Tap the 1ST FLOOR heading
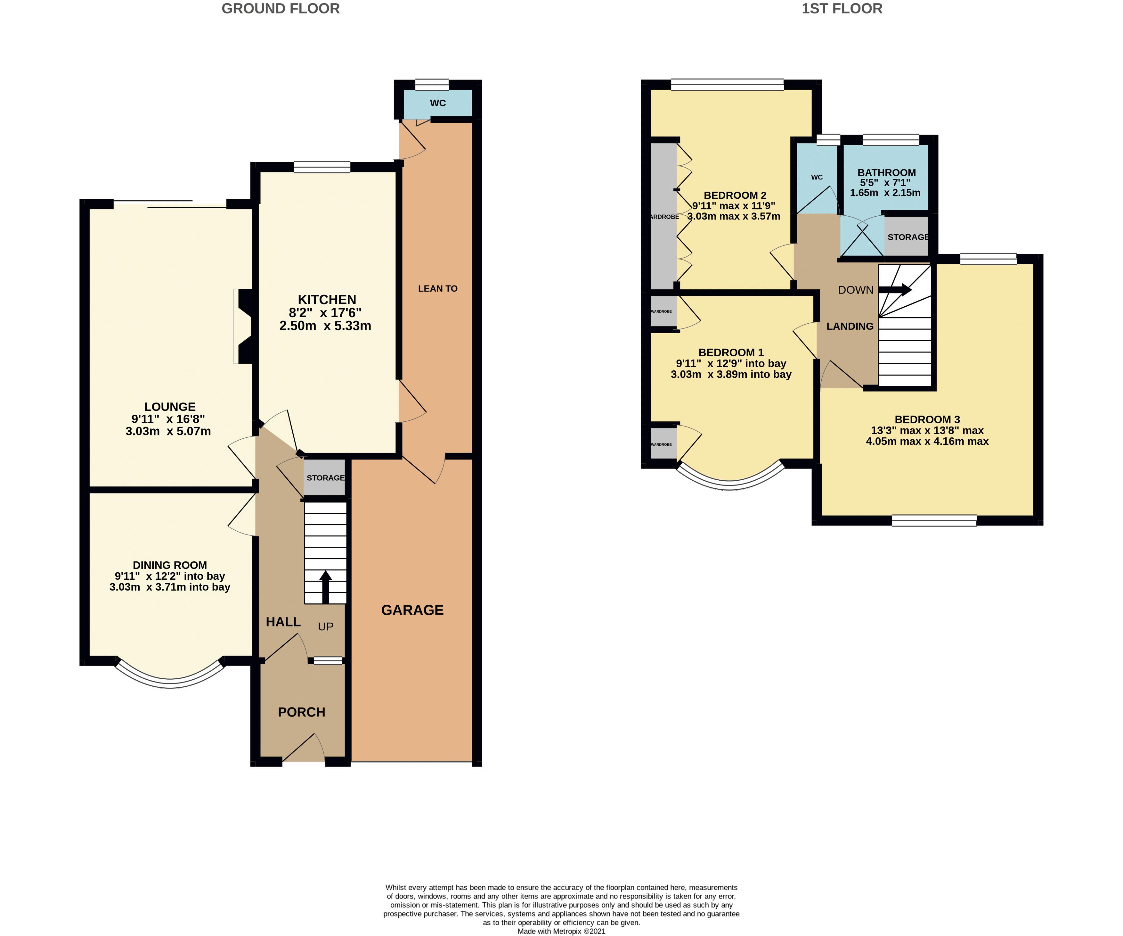coord(842,9)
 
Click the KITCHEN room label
coord(327,300)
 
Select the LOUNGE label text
coord(169,407)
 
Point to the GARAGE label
coord(412,610)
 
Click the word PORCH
coord(302,712)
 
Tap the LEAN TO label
coord(437,288)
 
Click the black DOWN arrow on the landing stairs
coord(895,290)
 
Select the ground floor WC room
coord(437,103)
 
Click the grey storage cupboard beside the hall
coord(325,477)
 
